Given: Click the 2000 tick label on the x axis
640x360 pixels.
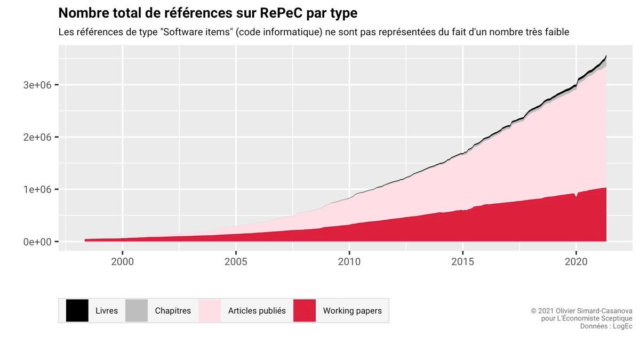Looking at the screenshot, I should click(x=122, y=262).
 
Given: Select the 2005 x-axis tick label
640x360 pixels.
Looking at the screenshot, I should click(x=236, y=262).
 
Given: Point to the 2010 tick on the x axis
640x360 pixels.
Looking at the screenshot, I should click(x=349, y=262).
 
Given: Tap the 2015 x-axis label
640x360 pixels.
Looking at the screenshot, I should click(x=462, y=262).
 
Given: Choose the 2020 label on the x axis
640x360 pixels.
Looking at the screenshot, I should click(x=576, y=262).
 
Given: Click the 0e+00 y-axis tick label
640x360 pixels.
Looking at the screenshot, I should click(x=37, y=242).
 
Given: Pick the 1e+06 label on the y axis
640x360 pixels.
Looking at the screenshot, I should click(x=37, y=189).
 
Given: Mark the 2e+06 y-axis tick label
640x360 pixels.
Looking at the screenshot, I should click(x=37, y=137).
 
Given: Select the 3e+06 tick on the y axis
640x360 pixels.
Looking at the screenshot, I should click(x=37, y=85).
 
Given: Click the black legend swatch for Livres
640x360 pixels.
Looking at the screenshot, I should click(x=77, y=310).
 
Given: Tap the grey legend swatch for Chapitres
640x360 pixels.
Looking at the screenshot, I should click(x=137, y=310).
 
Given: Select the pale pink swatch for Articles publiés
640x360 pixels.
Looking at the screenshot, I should click(x=210, y=310).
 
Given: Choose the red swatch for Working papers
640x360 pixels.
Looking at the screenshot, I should click(x=305, y=310).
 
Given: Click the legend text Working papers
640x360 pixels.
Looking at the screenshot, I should click(x=352, y=310).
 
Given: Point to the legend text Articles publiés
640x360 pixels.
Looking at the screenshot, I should click(x=257, y=310).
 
